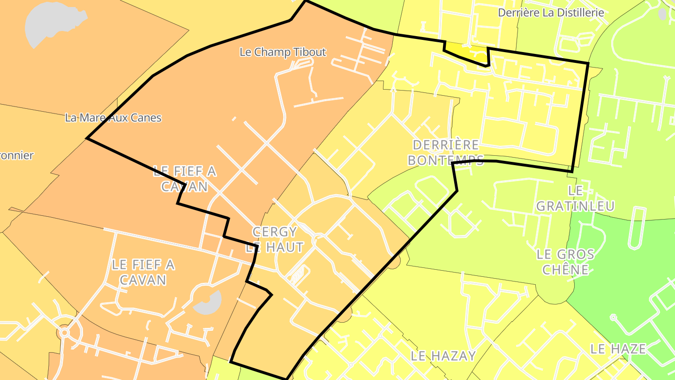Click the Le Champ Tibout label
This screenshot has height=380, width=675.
click(x=282, y=52)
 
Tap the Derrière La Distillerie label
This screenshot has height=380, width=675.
click(x=551, y=13)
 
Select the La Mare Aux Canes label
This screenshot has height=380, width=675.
click(x=113, y=118)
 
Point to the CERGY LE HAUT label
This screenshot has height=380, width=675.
click(x=275, y=239)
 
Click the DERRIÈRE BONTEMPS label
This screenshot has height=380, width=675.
click(x=445, y=152)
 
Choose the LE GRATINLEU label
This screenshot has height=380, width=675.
click(x=575, y=198)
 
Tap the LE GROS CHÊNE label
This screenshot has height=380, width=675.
click(x=565, y=262)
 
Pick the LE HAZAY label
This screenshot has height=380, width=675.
click(x=443, y=356)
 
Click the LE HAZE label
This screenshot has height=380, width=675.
click(x=618, y=349)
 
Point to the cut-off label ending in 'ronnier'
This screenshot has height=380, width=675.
click(x=17, y=155)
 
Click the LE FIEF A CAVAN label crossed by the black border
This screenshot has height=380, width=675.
click(x=184, y=179)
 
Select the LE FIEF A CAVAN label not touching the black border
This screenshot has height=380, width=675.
click(x=143, y=272)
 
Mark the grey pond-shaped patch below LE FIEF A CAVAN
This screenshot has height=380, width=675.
click(x=208, y=303)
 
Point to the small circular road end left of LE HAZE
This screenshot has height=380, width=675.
click(x=613, y=318)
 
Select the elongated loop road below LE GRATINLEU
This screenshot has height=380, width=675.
click(x=637, y=228)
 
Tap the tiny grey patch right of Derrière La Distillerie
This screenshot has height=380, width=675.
click(x=662, y=14)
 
